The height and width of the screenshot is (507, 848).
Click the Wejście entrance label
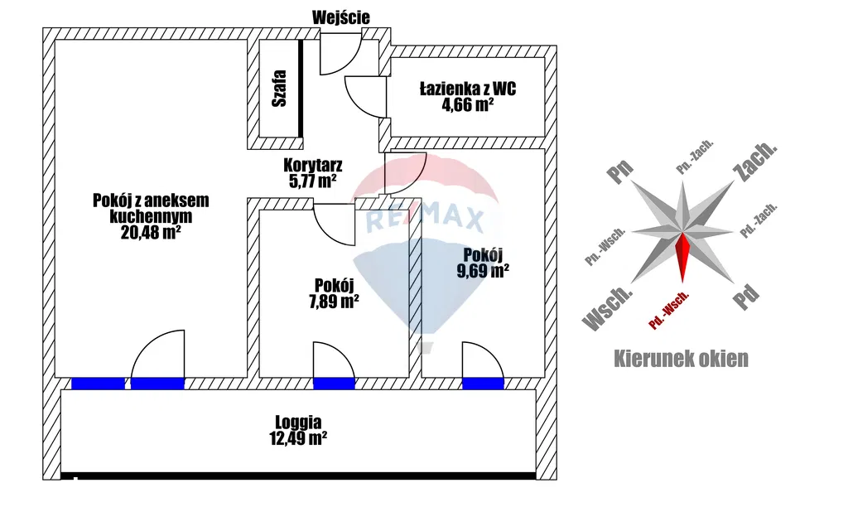point(341,17)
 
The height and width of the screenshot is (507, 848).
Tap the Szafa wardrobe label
point(280,88)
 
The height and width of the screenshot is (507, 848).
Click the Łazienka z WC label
point(468,88)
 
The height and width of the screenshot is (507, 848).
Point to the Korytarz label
point(313,164)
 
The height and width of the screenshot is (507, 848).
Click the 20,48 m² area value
point(151,233)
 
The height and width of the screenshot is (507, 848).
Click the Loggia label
point(299,421)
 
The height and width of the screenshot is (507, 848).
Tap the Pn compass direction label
point(620,171)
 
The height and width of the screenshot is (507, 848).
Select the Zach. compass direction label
point(754,160)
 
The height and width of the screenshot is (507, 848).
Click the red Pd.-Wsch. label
point(670,311)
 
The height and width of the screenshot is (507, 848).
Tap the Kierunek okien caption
point(681,359)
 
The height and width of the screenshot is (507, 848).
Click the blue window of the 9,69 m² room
point(483,383)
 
